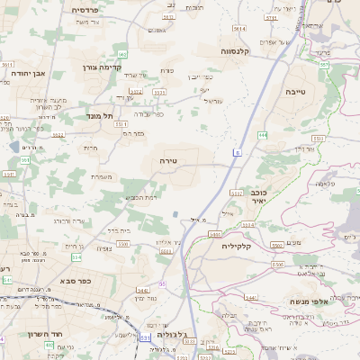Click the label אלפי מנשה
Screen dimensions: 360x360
point(311,301)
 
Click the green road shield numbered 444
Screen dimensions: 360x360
point(262,134)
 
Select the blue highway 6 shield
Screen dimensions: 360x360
point(236,154)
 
